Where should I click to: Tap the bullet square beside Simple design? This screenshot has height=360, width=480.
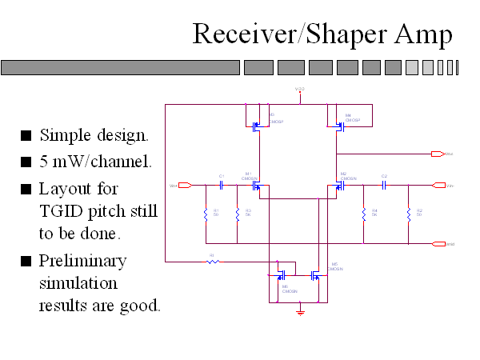(26, 134)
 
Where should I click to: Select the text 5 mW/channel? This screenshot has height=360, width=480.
(95, 161)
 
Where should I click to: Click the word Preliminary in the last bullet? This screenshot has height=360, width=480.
(83, 261)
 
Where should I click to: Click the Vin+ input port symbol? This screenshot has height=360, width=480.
(185, 186)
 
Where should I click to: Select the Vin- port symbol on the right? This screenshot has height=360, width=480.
(438, 186)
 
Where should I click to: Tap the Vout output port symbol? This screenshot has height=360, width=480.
(437, 153)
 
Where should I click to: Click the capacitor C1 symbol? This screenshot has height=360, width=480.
(222, 186)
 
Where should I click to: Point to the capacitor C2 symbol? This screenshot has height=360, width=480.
(384, 186)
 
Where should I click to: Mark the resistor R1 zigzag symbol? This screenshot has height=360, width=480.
(206, 214)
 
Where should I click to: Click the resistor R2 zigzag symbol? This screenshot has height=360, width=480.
(409, 214)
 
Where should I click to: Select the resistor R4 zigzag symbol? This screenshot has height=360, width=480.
(364, 214)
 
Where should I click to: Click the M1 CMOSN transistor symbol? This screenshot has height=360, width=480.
(257, 186)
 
